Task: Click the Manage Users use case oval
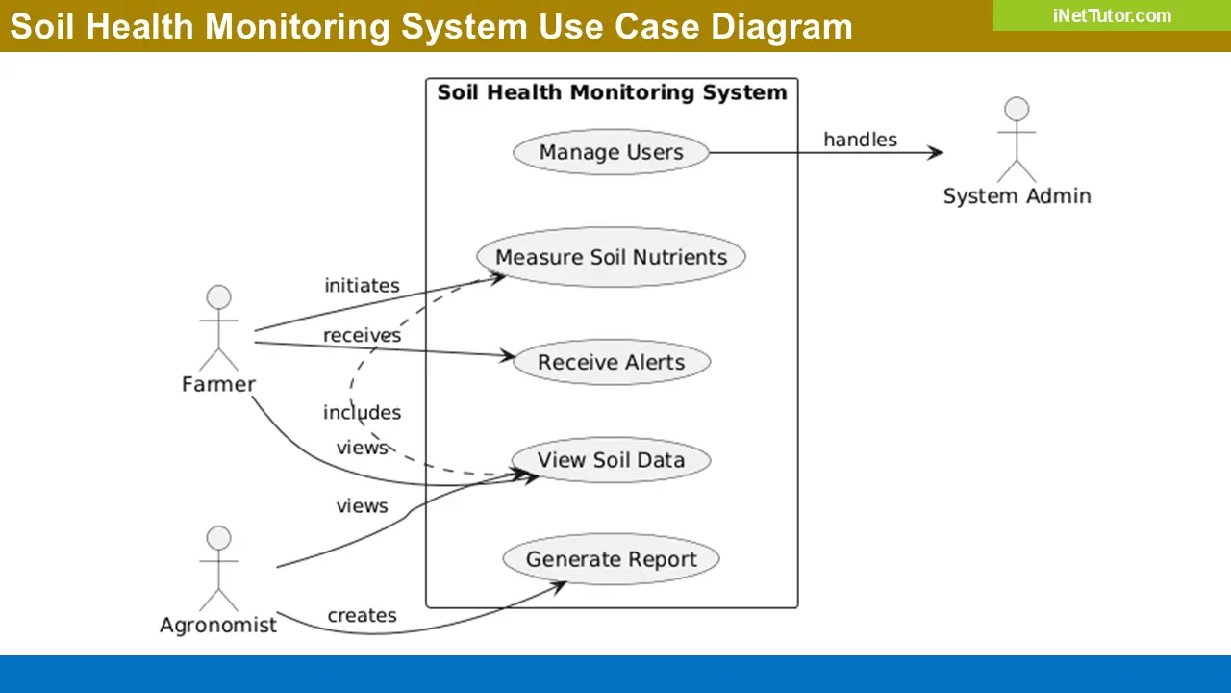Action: tap(611, 152)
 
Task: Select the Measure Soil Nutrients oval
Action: tap(611, 257)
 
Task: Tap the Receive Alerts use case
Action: tap(611, 362)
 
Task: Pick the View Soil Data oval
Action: tap(611, 459)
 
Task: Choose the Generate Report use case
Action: tap(611, 559)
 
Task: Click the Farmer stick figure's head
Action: tap(219, 296)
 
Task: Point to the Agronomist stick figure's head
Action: tap(219, 537)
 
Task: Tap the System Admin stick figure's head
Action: tap(1017, 108)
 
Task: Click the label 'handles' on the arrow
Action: tap(860, 140)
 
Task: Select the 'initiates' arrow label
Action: tap(362, 285)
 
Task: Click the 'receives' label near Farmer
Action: tap(362, 335)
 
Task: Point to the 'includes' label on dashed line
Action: tap(362, 412)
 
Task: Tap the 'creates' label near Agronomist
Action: tap(362, 615)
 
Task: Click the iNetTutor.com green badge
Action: tap(1112, 15)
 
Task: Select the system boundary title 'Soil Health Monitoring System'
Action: tap(612, 92)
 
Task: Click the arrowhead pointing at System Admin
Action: tap(935, 152)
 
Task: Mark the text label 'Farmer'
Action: tap(218, 384)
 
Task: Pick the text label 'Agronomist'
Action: tap(218, 625)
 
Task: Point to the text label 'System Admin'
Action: tap(1017, 196)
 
